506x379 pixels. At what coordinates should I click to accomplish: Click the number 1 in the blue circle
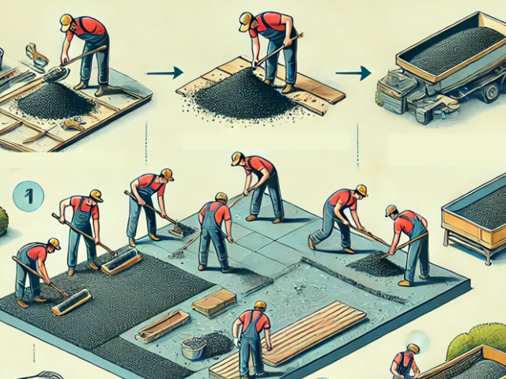(x=28, y=196)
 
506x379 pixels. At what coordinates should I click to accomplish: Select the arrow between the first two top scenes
(x=165, y=73)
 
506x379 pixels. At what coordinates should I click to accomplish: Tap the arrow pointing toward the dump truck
(x=353, y=73)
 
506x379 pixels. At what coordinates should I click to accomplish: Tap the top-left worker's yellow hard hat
(x=66, y=22)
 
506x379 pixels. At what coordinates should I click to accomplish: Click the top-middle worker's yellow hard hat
(x=246, y=21)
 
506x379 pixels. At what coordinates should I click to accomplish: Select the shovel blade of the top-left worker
(x=55, y=75)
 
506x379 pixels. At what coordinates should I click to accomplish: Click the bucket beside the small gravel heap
(x=194, y=348)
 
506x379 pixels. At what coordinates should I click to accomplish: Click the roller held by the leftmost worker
(x=71, y=302)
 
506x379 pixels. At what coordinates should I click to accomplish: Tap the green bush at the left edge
(x=3, y=221)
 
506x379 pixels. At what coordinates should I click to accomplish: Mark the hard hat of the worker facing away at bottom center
(x=260, y=306)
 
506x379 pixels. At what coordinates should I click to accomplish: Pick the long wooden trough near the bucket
(x=163, y=325)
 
